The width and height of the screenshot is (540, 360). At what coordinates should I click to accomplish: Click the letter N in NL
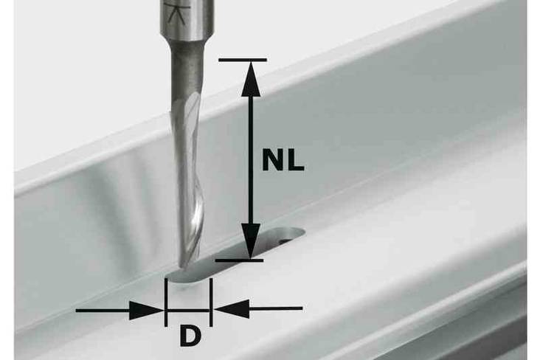[x=274, y=161]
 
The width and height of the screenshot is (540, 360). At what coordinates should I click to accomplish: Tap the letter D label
[x=190, y=337]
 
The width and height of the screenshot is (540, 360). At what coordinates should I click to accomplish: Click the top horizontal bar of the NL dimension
[x=243, y=60]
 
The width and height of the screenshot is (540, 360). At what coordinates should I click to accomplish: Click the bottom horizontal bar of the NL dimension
[x=239, y=260]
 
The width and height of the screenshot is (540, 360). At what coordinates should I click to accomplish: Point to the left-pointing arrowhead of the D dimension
[x=232, y=309]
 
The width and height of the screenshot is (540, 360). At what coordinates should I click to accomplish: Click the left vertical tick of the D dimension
[x=166, y=302]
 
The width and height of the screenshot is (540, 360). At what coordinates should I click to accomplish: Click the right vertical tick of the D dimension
[x=210, y=302]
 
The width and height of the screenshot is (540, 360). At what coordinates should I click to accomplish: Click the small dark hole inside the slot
[x=285, y=240]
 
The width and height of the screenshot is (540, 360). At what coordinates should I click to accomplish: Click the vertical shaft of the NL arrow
[x=251, y=159]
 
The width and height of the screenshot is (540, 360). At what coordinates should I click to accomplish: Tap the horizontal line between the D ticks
[x=188, y=311]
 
